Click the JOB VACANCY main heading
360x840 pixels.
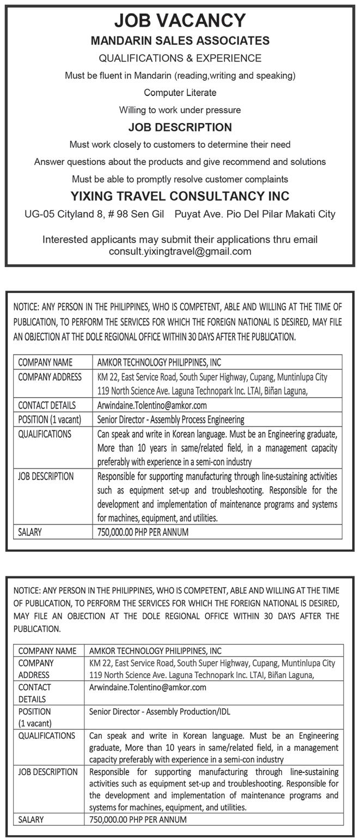(x=180, y=21)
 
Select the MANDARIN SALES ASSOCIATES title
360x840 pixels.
(x=180, y=41)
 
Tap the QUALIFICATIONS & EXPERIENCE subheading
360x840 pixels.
(x=180, y=58)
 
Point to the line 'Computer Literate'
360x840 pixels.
(x=180, y=93)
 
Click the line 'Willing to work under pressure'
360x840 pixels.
(x=180, y=110)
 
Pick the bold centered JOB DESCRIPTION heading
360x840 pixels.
(x=180, y=127)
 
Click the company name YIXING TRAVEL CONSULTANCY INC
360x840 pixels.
(x=180, y=196)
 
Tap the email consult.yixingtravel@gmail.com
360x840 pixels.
(x=180, y=252)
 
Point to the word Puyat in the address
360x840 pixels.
(x=187, y=214)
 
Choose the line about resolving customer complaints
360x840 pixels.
(x=180, y=179)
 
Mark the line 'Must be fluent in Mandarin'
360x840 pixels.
(x=180, y=76)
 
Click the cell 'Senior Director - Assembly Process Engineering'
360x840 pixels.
(x=170, y=419)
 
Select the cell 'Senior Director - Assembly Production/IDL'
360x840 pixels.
(x=163, y=711)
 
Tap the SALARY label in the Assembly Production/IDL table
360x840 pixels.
(x=31, y=819)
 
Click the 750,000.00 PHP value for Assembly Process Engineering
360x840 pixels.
(x=143, y=532)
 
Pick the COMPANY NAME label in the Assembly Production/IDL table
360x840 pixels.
(x=47, y=650)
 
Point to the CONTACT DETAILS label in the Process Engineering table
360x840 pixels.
(x=47, y=405)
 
